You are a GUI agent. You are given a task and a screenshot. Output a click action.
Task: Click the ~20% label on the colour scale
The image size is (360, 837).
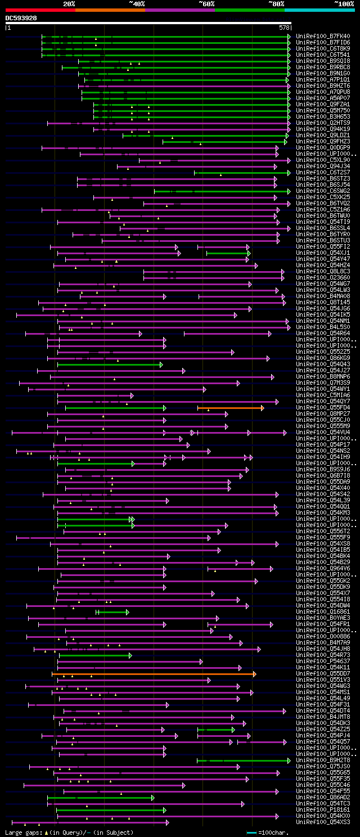(x=69, y=3)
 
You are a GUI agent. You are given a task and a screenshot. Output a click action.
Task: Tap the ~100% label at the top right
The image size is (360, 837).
(x=344, y=3)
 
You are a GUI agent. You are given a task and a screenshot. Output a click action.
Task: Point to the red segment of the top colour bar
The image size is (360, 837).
(x=40, y=10)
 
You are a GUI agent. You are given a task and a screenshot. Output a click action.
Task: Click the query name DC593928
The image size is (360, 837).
(x=21, y=18)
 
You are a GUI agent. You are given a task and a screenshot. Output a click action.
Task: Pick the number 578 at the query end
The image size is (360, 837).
(x=284, y=27)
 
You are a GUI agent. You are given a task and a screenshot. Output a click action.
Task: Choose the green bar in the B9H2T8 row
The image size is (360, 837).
(x=242, y=760)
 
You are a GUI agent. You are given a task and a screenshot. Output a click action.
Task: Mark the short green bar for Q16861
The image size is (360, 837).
(x=112, y=612)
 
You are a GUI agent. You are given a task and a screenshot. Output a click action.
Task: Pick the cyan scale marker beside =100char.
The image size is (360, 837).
(x=251, y=832)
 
